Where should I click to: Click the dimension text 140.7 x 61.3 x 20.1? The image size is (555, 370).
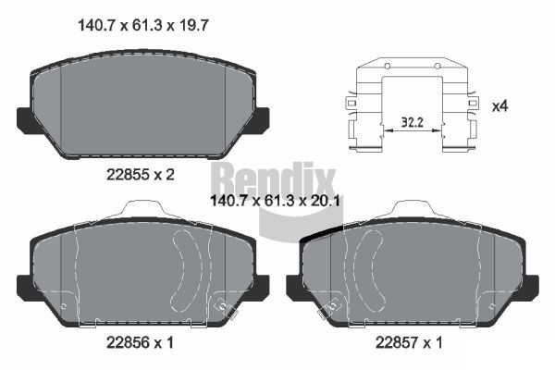point(267,197)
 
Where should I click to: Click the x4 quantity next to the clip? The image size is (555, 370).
point(499,106)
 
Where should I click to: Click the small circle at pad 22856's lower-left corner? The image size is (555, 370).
point(62,305)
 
